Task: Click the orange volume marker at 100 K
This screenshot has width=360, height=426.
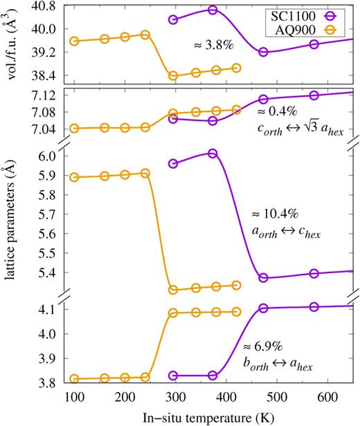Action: [x=74, y=41]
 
